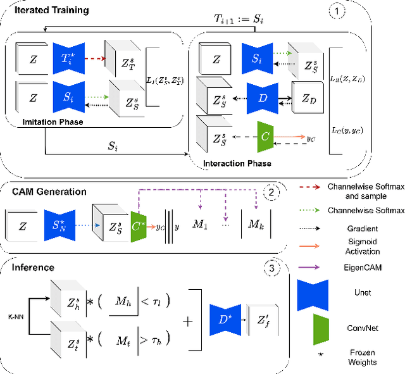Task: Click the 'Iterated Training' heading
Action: click(x=45, y=10)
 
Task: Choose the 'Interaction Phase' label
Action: click(x=237, y=163)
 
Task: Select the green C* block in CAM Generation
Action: click(x=138, y=223)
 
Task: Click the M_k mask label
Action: click(x=255, y=224)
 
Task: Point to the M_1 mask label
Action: click(x=202, y=224)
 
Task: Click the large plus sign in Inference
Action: click(x=188, y=321)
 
